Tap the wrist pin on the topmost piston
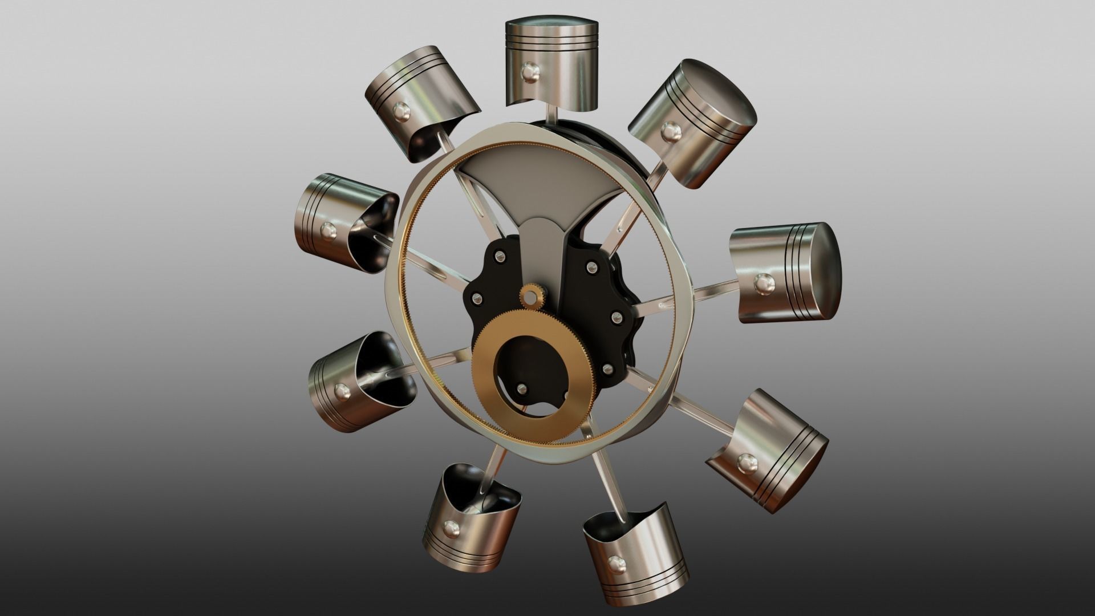coord(529,72)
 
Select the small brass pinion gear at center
coord(532,297)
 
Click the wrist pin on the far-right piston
coord(763,281)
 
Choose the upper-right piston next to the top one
coord(693,123)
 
